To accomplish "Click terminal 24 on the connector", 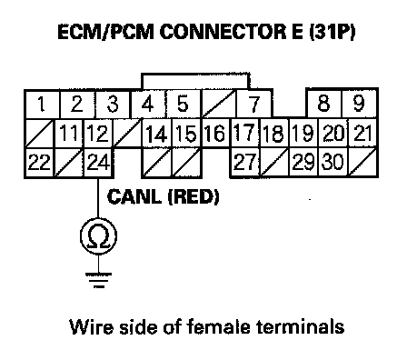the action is [98, 163].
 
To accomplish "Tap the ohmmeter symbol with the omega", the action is [98, 236].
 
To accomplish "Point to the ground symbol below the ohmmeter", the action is [98, 280].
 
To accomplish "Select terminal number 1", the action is [42, 104].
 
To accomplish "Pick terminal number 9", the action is [360, 103].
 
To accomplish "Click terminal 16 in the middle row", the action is [215, 134].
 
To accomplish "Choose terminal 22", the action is [39, 163].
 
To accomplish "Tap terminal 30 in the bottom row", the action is [333, 162].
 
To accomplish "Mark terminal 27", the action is [245, 162].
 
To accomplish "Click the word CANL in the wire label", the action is [134, 196].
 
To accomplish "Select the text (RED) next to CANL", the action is [194, 197].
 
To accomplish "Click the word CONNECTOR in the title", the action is [223, 32].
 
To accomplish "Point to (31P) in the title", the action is [332, 32].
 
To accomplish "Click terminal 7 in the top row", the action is [254, 104].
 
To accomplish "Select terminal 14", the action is [157, 134].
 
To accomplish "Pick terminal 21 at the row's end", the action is [363, 133].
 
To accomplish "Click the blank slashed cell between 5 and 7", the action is [218, 104].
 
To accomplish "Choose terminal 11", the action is [69, 134].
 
